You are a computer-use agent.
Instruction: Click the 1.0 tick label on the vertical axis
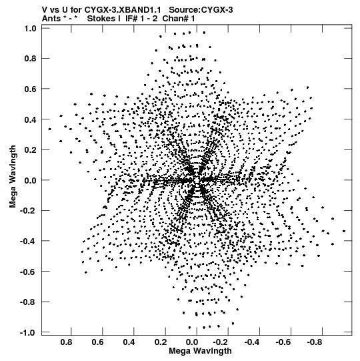(x=31, y=28)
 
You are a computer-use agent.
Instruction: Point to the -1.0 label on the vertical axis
(x=28, y=332)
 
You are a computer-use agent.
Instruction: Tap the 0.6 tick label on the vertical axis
(x=31, y=89)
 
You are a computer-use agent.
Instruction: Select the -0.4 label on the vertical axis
(x=28, y=242)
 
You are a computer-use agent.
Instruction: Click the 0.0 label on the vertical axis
(x=31, y=180)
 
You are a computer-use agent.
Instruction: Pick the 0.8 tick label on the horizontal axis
(x=66, y=342)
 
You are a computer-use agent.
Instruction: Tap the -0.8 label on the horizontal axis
(x=314, y=342)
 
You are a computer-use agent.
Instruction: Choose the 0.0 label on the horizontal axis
(x=192, y=342)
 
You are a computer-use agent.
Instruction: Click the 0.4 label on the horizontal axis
(x=129, y=342)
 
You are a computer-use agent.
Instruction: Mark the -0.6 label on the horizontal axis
(x=283, y=342)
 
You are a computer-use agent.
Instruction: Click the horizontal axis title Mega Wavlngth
(x=200, y=351)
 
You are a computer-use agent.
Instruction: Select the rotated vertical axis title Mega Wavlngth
(x=13, y=176)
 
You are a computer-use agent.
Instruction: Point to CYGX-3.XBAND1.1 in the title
(x=123, y=10)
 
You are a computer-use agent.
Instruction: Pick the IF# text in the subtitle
(x=132, y=19)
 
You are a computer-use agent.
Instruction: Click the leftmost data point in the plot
(x=49, y=129)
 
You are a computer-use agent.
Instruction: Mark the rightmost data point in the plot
(x=344, y=231)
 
